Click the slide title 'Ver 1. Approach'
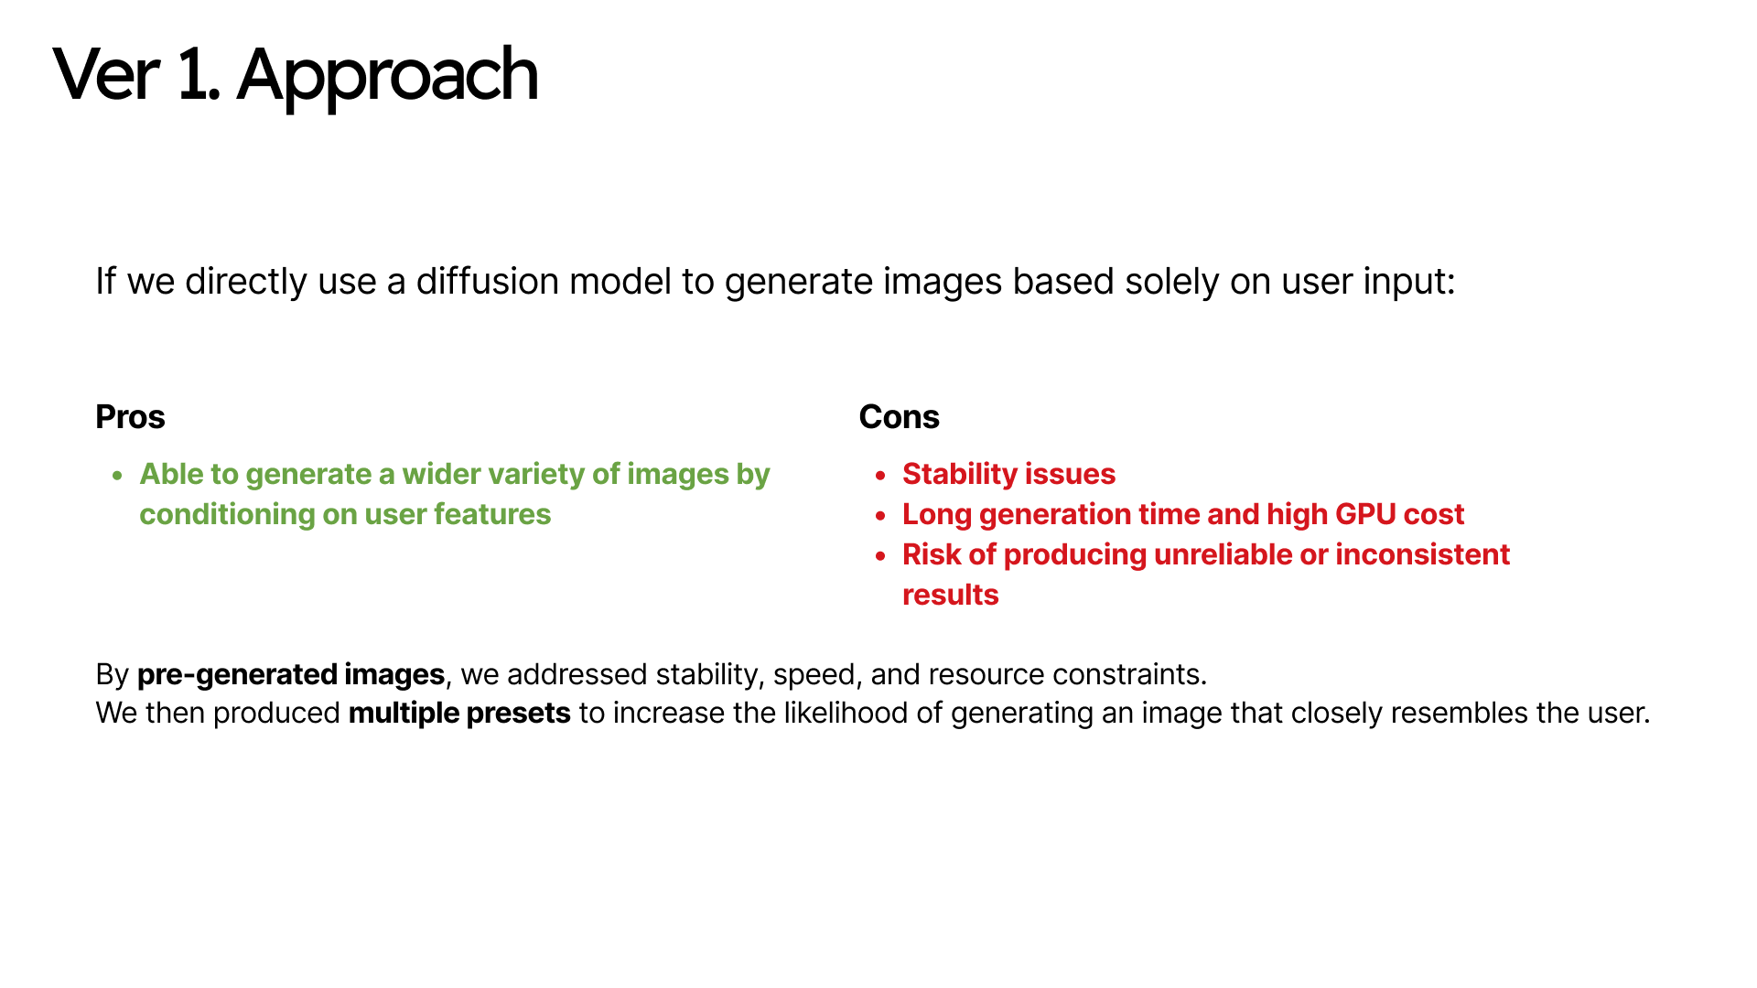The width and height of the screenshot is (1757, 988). [296, 76]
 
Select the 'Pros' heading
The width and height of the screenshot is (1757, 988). [130, 417]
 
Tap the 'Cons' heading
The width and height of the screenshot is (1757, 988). [899, 417]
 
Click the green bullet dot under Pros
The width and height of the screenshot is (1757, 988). [117, 476]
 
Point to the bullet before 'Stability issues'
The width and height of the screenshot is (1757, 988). [880, 476]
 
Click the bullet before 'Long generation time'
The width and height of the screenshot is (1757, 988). [880, 516]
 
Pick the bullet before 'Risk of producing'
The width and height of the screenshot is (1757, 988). [880, 556]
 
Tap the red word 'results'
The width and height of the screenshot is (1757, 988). [951, 596]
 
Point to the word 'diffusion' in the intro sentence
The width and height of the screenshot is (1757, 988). [487, 282]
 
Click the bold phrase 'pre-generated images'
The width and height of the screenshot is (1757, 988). [291, 675]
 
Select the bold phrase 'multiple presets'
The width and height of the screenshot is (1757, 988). [459, 714]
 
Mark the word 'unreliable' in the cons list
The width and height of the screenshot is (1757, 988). [1223, 554]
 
